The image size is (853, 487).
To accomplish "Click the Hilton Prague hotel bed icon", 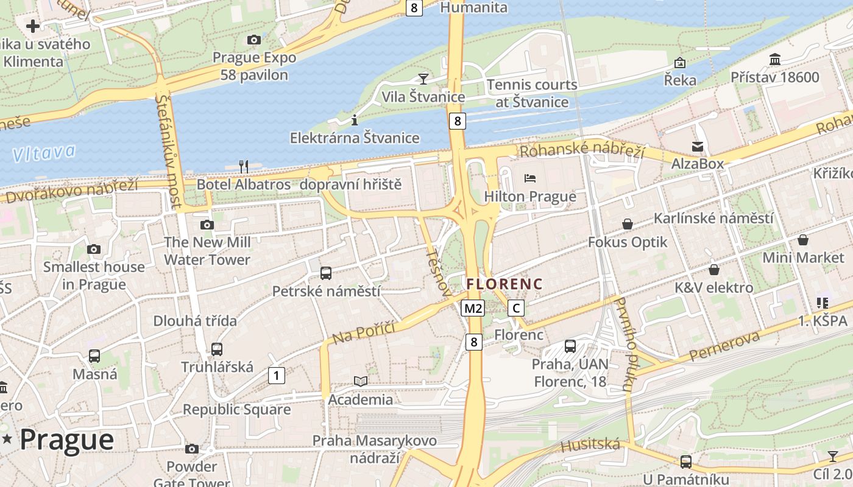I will [x=530, y=178].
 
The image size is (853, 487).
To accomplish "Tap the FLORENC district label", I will [x=504, y=284].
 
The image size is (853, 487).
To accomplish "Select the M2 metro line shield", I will [x=473, y=308].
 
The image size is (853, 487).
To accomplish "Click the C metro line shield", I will [x=516, y=308].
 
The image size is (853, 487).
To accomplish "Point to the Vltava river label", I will [x=44, y=153].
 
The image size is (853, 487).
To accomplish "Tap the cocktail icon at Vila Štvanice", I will [x=423, y=79].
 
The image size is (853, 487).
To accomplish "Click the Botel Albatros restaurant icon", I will [x=244, y=166].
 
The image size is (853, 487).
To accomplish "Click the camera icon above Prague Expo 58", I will [x=254, y=40].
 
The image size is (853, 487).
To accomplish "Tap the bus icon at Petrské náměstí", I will [x=326, y=273].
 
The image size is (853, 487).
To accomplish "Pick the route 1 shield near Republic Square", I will [x=277, y=376].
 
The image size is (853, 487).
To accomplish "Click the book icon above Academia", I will [x=361, y=381].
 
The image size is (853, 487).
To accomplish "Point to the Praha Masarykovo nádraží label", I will [x=374, y=449].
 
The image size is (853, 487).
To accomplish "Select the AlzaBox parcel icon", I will [x=697, y=146].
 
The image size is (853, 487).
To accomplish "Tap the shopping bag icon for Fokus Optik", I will [x=627, y=225].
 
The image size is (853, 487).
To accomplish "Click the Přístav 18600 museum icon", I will [x=775, y=60].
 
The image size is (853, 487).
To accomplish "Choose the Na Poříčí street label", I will [x=364, y=333].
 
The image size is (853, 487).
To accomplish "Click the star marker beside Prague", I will [x=7, y=439].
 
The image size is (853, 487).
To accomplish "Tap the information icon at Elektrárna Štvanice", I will [x=355, y=120].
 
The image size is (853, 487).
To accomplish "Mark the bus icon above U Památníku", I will [x=685, y=461].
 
